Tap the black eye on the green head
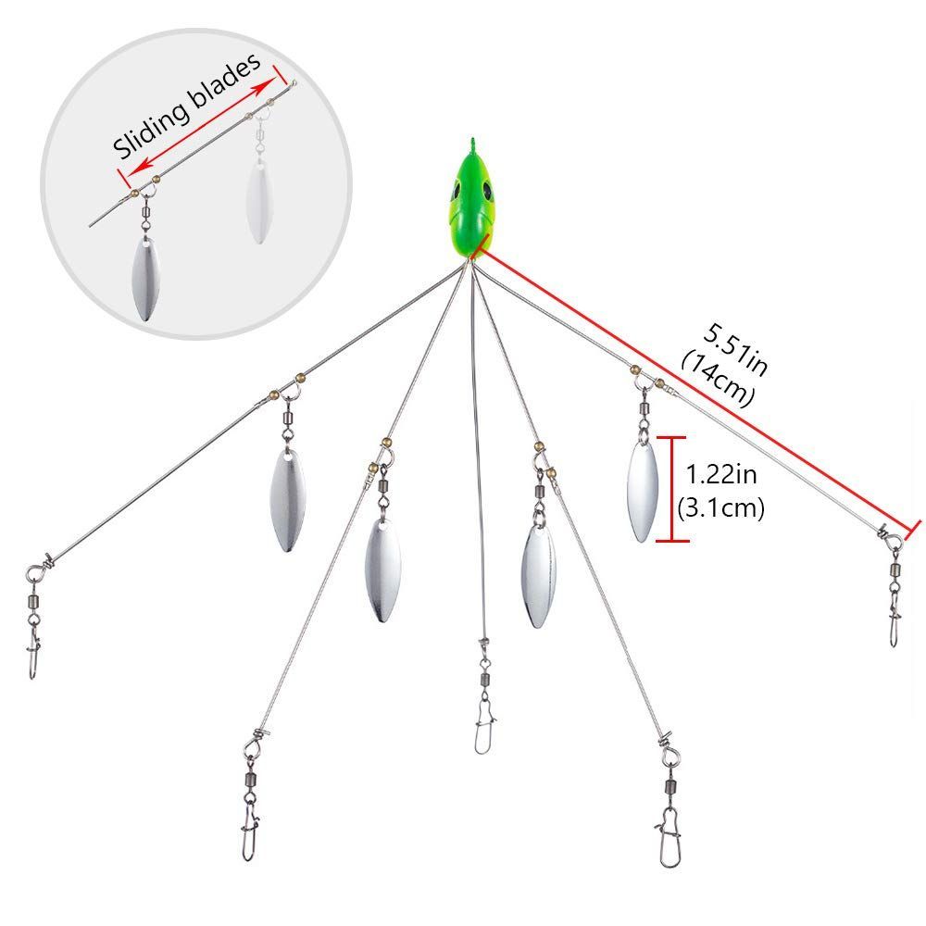457,191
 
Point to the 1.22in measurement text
722,475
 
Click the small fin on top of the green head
471,146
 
